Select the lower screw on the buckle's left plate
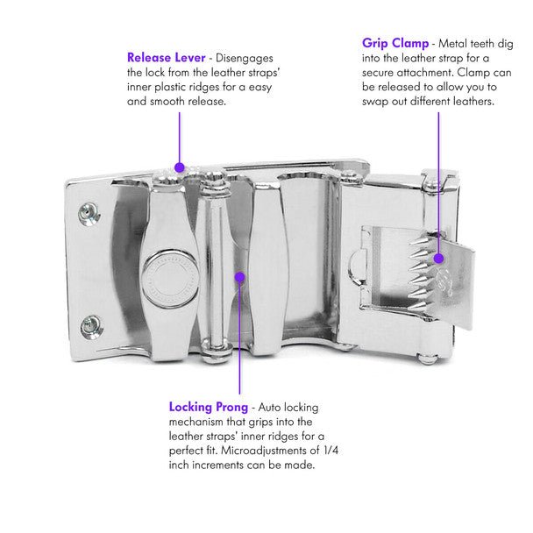click(x=91, y=327)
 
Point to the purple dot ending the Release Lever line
click(x=179, y=166)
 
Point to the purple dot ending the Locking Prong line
click(x=239, y=277)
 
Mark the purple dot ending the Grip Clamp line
click(x=438, y=257)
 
